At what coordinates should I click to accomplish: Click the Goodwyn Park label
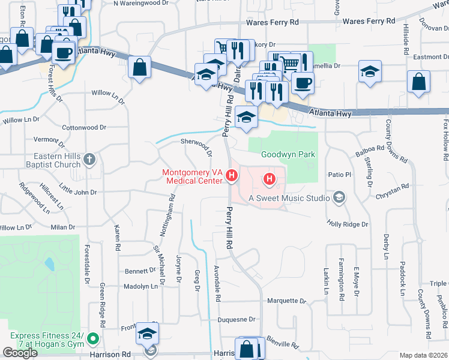[288, 154]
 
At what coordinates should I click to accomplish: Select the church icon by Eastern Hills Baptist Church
[89, 159]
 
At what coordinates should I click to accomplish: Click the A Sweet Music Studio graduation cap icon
[339, 197]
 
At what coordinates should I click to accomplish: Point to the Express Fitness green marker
[92, 340]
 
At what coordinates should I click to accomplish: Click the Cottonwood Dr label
[84, 127]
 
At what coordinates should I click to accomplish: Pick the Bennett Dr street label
[140, 271]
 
